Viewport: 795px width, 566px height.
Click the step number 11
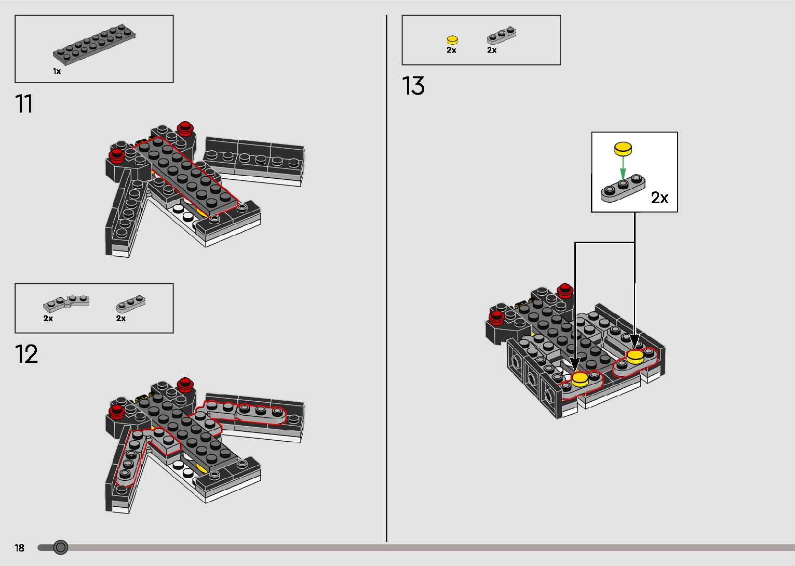pyautogui.click(x=24, y=104)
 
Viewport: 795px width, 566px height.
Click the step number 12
pyautogui.click(x=26, y=354)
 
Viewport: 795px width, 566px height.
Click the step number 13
pyautogui.click(x=413, y=86)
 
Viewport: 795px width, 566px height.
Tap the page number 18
pyautogui.click(x=20, y=548)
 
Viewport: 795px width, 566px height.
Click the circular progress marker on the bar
pyautogui.click(x=61, y=547)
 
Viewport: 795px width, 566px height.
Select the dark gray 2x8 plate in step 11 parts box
pyautogui.click(x=94, y=44)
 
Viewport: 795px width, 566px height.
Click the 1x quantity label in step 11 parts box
pyautogui.click(x=57, y=71)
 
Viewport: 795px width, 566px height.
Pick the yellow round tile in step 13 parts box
pyautogui.click(x=452, y=40)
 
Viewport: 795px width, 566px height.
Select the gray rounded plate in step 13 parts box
pyautogui.click(x=502, y=35)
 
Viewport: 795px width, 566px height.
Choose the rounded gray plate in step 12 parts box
pyautogui.click(x=131, y=304)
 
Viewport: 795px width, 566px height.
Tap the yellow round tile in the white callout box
pyautogui.click(x=623, y=149)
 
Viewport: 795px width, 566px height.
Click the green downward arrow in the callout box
pyautogui.click(x=623, y=169)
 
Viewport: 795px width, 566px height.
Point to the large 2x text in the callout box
pyautogui.click(x=659, y=198)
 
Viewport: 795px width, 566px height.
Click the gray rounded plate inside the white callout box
pyautogui.click(x=623, y=188)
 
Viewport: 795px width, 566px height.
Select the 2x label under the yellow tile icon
pyautogui.click(x=451, y=50)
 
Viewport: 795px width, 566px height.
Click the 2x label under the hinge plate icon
pyautogui.click(x=48, y=319)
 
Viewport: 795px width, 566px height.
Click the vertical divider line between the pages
pyautogui.click(x=386, y=279)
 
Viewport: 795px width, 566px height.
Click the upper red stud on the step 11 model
pyautogui.click(x=185, y=128)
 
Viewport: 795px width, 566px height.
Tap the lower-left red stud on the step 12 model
pyautogui.click(x=116, y=412)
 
